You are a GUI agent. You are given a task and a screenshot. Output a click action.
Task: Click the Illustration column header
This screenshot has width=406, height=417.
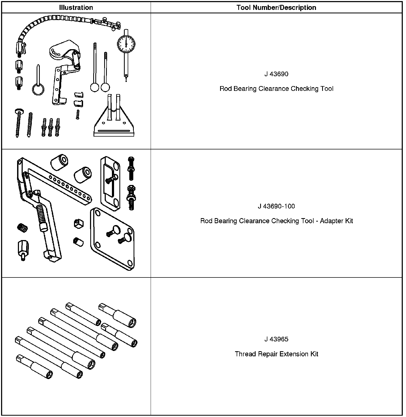point(76,7)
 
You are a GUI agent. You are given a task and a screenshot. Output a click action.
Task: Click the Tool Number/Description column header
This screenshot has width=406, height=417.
point(276,7)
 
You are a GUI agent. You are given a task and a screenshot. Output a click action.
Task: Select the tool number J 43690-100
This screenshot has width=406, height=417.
point(276,206)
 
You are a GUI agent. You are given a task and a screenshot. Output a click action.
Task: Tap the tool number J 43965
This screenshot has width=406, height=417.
point(276,339)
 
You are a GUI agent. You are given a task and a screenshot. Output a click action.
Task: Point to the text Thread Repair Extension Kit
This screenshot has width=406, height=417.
point(276,354)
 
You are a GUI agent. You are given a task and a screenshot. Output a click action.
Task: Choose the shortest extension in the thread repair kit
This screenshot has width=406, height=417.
point(34,366)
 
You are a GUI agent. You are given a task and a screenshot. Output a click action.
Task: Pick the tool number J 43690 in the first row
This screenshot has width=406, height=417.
point(276,74)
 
